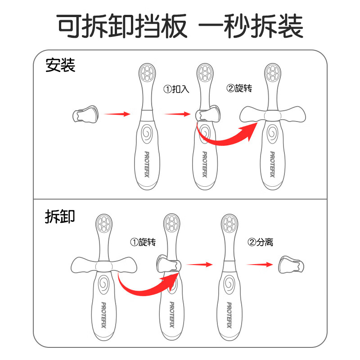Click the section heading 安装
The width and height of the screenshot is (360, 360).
pos(60,66)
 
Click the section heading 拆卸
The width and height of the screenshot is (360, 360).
pos(60,216)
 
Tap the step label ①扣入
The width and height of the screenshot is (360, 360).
pos(176,89)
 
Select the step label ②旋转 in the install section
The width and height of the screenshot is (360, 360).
pos(239,89)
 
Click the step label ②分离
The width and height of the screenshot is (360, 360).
pos(261,243)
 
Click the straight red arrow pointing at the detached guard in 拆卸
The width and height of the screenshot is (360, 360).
pos(260,265)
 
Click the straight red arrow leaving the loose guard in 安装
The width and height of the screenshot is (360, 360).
pos(117,114)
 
